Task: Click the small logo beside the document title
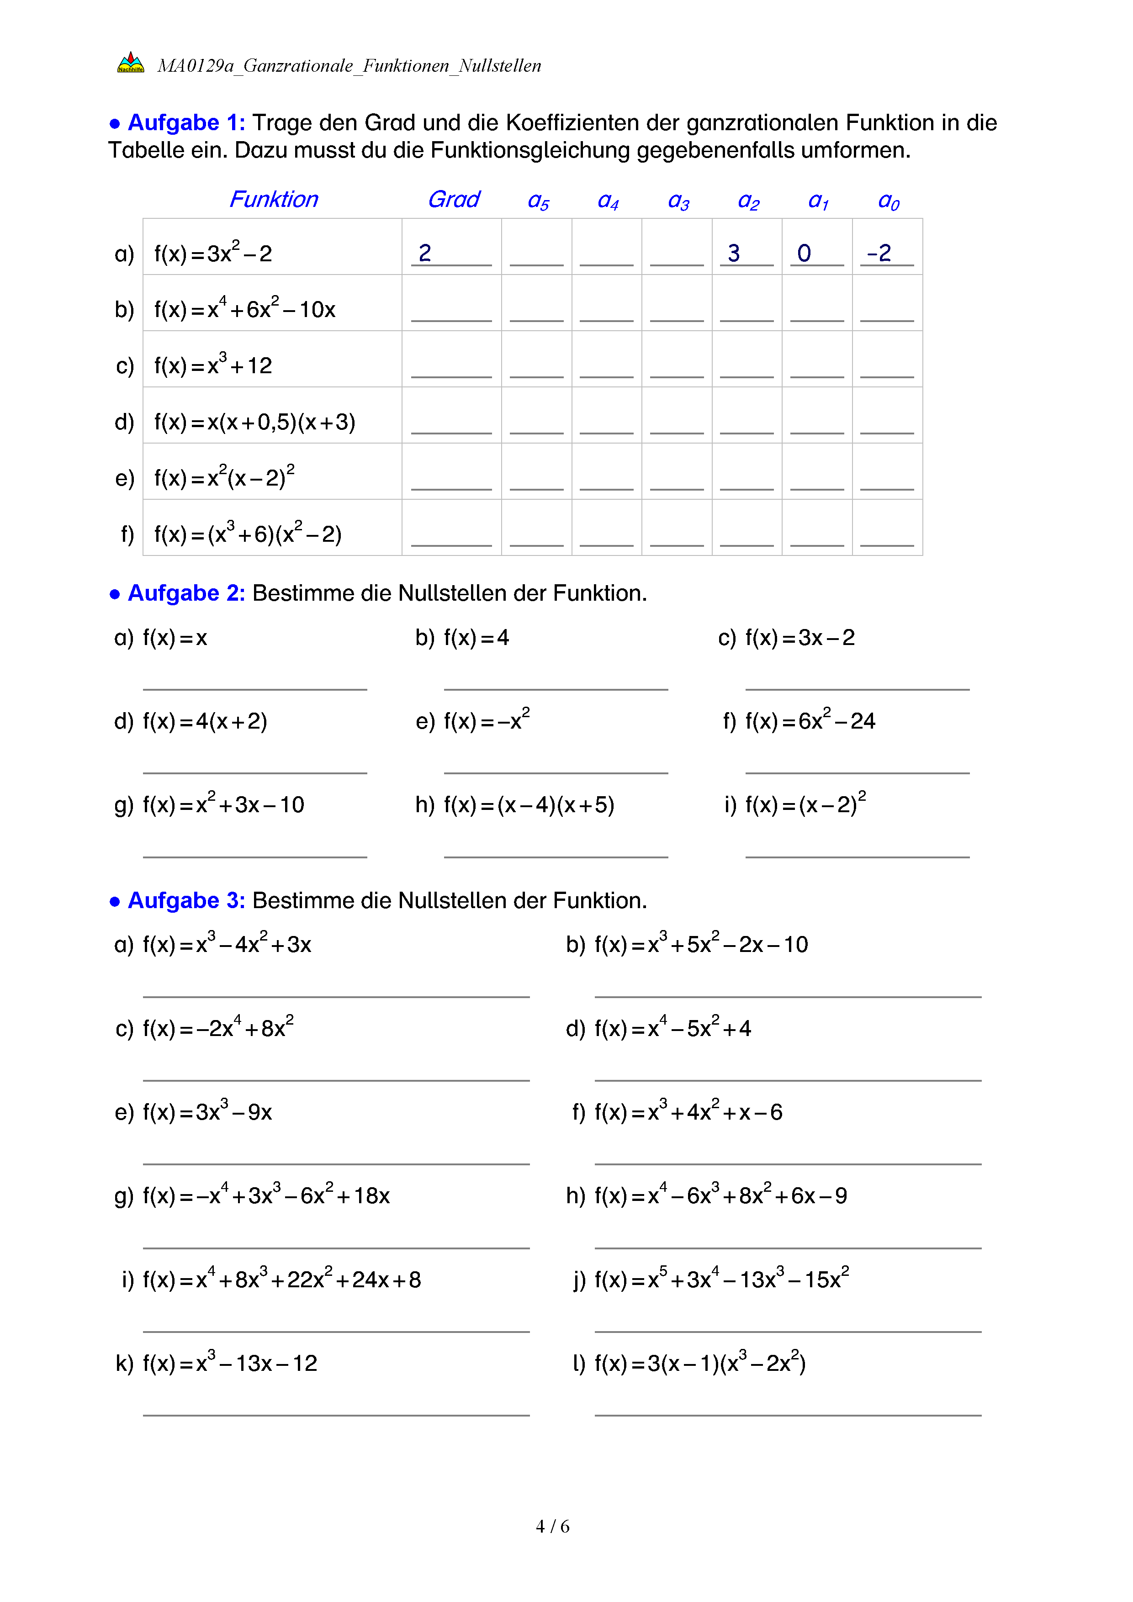click(131, 63)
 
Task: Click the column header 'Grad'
click(454, 200)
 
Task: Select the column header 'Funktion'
click(274, 200)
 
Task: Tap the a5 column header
click(538, 201)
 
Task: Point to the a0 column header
click(888, 201)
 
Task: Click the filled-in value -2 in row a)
click(879, 253)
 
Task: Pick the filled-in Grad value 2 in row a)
click(425, 253)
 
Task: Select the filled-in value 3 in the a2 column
click(733, 253)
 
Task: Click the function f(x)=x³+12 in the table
click(213, 365)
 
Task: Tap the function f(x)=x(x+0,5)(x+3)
click(254, 422)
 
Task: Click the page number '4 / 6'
click(552, 1527)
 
